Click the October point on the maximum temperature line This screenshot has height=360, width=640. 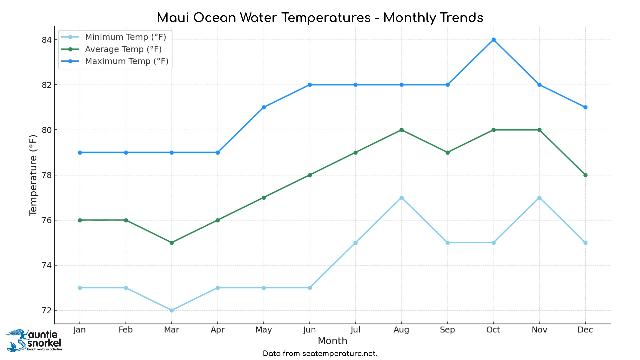(494, 40)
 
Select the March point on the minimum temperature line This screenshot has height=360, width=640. (172, 310)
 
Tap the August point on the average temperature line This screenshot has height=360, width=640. (401, 130)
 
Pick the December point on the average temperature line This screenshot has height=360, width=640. (585, 175)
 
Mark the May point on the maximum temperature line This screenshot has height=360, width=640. (264, 107)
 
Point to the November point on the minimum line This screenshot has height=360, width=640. (539, 198)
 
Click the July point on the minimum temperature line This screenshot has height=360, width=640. (355, 243)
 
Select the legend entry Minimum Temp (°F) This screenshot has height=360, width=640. (125, 37)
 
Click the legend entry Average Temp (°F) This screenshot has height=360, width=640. (123, 49)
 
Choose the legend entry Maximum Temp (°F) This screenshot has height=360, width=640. (127, 61)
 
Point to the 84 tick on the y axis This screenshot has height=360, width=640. (47, 40)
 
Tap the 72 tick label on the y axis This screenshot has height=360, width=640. (47, 311)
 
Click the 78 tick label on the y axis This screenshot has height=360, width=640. (47, 175)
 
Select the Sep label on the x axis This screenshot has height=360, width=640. (447, 330)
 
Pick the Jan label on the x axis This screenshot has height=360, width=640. (79, 330)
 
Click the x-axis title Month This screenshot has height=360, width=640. (332, 341)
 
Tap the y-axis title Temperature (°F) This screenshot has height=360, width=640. (33, 175)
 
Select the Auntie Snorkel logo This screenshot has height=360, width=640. (34, 340)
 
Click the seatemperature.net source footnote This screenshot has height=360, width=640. (320, 354)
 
